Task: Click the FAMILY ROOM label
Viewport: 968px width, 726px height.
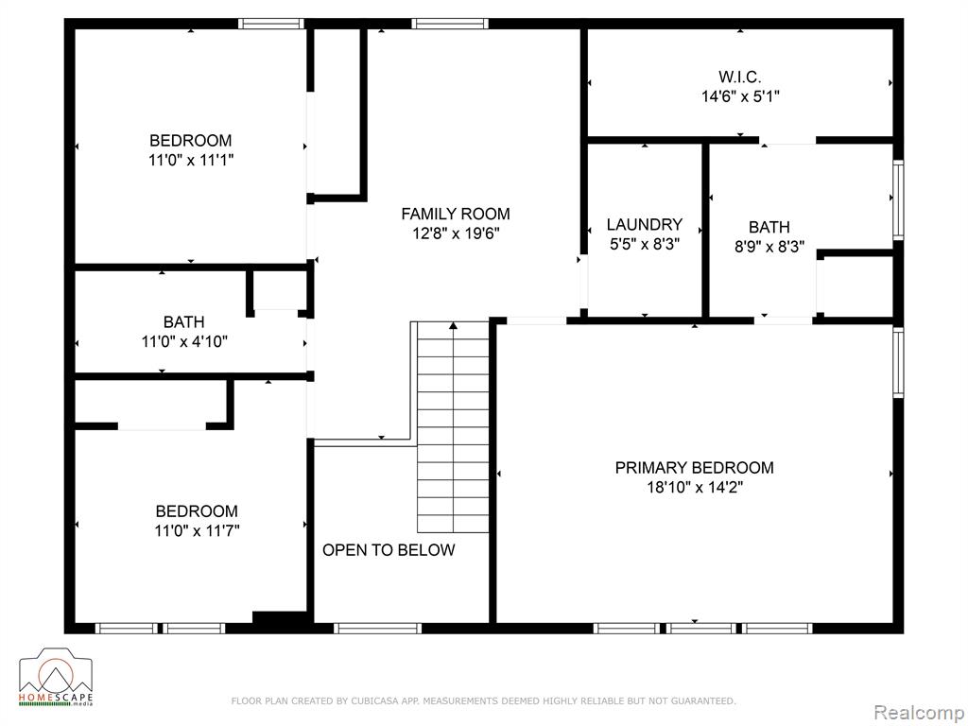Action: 456,215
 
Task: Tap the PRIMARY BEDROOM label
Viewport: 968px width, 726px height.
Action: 695,468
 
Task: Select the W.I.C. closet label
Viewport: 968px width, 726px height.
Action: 739,78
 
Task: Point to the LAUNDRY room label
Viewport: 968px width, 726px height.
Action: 645,225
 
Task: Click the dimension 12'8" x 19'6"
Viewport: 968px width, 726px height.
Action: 456,234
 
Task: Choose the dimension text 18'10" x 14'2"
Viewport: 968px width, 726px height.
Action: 695,488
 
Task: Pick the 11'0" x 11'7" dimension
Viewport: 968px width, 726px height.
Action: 197,531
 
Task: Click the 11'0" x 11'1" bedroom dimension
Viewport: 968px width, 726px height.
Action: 191,161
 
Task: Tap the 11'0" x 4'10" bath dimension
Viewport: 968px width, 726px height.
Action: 184,342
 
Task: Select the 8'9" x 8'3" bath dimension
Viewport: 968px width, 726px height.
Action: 769,247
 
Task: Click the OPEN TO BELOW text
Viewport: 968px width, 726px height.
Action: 389,550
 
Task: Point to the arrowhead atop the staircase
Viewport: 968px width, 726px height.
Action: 453,325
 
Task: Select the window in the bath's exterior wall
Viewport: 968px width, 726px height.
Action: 898,199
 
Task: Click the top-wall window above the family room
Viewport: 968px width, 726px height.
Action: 450,24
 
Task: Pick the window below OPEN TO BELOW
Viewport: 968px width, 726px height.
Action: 378,629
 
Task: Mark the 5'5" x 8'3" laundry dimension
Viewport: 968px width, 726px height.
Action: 645,245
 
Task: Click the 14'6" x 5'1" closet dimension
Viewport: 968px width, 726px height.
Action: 740,97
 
